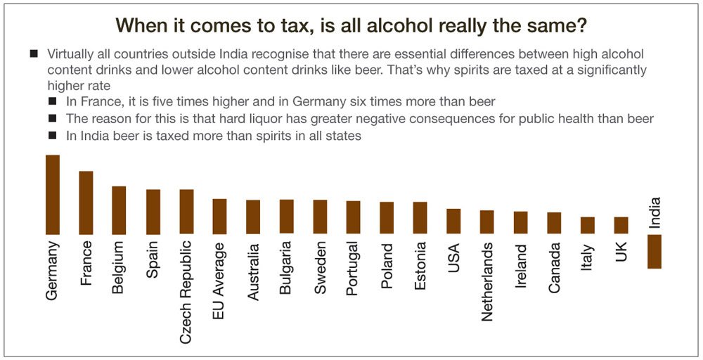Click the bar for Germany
pos(53,194)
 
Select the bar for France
pos(86,202)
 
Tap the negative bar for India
pos(654,251)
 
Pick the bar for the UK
pos(621,225)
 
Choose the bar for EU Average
pos(219,216)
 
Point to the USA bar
pos(453,221)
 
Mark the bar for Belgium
pos(120,210)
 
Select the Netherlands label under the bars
pos(487,282)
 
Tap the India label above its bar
pos(655,212)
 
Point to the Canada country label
pos(555,268)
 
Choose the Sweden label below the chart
pos(321,268)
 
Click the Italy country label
pos(588,257)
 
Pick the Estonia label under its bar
pos(420,267)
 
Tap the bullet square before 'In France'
pos(52,102)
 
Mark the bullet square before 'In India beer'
pos(52,136)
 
